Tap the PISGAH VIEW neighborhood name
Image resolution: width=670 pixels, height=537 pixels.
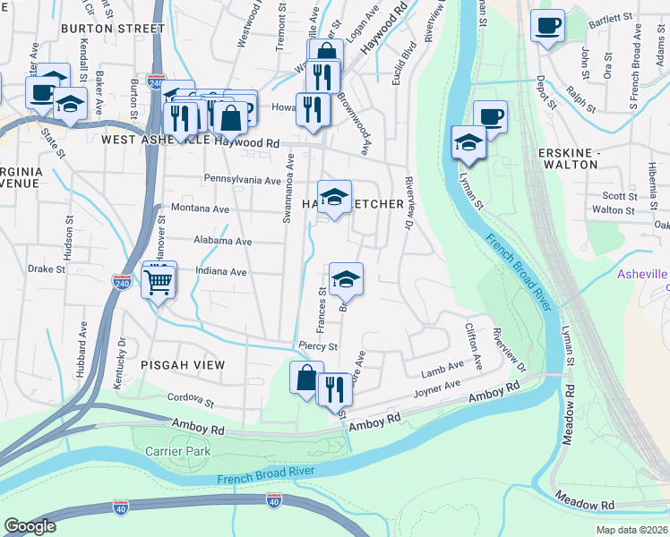click(x=182, y=365)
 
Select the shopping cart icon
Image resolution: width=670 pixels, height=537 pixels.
click(x=159, y=281)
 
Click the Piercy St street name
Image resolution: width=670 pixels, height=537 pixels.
click(x=318, y=346)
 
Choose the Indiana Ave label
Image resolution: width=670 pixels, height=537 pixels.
click(x=220, y=272)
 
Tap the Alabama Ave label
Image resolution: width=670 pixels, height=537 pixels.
click(x=223, y=241)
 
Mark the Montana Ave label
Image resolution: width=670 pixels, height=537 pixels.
click(x=200, y=209)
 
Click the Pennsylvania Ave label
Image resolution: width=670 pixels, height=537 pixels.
click(x=243, y=180)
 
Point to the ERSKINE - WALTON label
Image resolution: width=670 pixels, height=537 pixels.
click(x=569, y=158)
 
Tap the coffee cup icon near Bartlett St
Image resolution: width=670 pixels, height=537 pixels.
click(x=546, y=26)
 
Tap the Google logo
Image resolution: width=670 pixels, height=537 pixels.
click(x=30, y=526)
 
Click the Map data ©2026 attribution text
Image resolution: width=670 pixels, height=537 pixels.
click(x=631, y=530)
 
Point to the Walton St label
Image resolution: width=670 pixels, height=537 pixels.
click(x=614, y=210)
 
